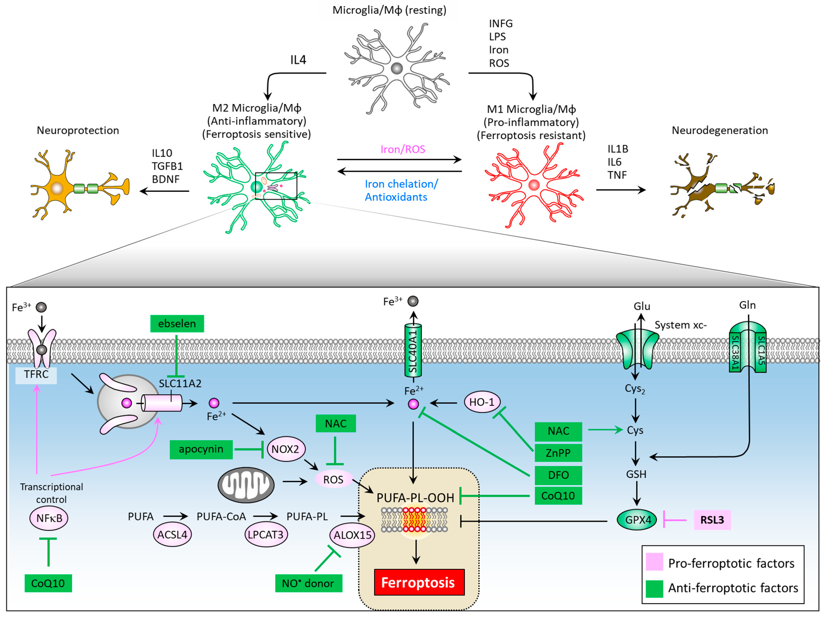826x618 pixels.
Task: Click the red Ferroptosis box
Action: (419, 582)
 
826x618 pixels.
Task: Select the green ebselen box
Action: (177, 323)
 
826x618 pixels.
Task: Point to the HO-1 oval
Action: (482, 402)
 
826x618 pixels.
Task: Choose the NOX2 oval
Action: (286, 449)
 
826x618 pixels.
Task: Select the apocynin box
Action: (201, 449)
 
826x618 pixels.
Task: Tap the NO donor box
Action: (308, 583)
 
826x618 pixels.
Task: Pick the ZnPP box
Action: (558, 453)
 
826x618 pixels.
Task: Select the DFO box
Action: (558, 475)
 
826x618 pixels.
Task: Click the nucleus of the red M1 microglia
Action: (534, 185)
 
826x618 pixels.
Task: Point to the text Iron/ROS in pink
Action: (403, 149)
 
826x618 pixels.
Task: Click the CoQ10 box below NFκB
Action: (48, 583)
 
